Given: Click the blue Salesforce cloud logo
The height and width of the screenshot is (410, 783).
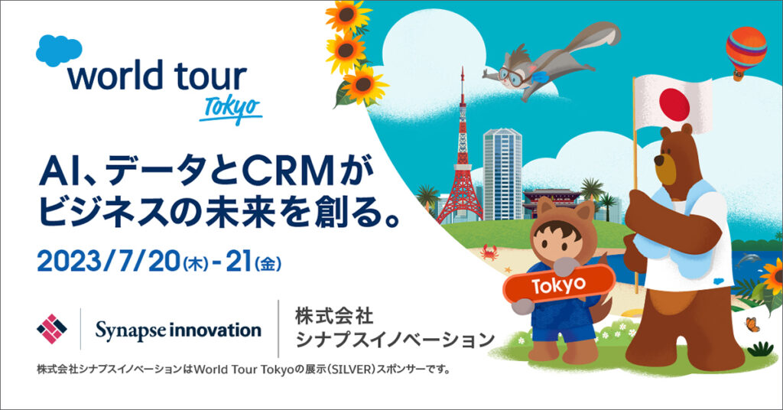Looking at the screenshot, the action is [59, 50].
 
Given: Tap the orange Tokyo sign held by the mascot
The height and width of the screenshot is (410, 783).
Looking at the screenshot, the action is [558, 285].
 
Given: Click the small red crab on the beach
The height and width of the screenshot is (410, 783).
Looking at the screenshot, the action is [489, 252].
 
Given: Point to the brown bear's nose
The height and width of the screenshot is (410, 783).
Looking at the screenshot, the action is [659, 161].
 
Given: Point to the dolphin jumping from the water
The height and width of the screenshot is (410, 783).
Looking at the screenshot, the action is [749, 259].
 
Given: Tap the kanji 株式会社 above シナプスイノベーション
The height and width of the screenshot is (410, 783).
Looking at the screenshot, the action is [334, 316].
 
